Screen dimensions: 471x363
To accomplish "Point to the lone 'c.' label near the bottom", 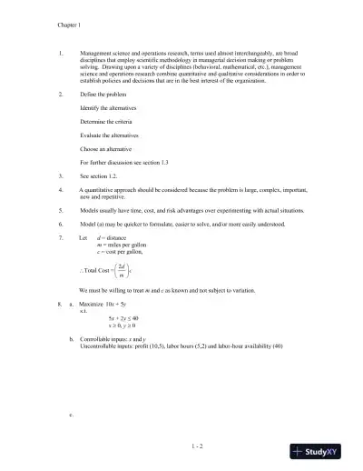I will click(x=71, y=414).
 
